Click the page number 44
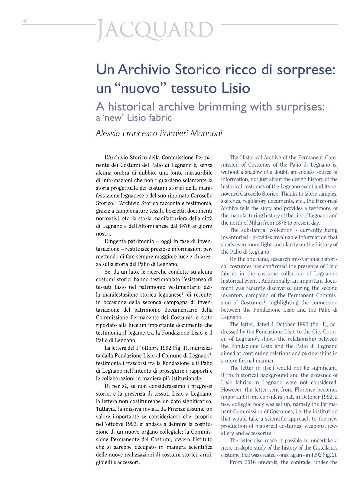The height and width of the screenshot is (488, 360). pyautogui.click(x=25, y=21)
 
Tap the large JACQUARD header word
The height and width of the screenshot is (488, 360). pyautogui.click(x=155, y=30)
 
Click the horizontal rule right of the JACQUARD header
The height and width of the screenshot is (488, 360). pyautogui.click(x=279, y=24)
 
